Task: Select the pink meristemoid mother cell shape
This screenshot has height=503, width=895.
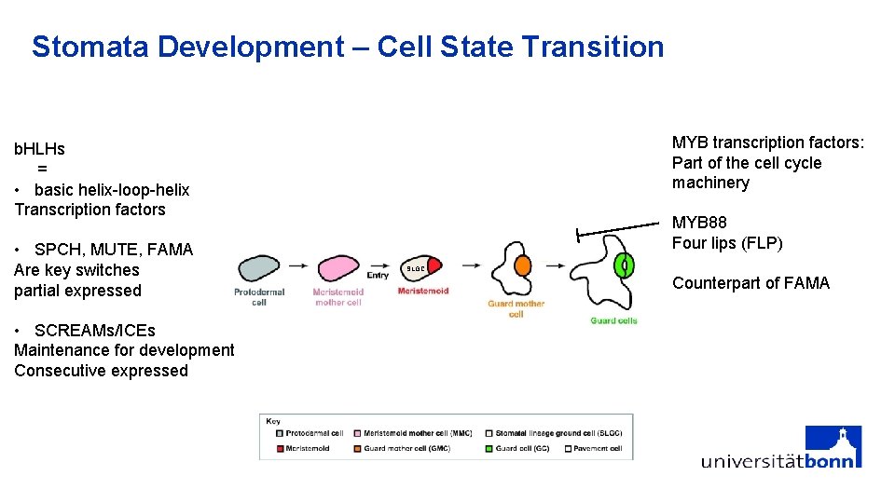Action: [x=337, y=268]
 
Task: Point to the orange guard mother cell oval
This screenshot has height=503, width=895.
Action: [x=522, y=265]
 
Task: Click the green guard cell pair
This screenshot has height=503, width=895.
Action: [x=626, y=265]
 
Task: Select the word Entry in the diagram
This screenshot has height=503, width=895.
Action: [x=378, y=276]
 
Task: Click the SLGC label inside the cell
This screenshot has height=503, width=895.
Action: [x=416, y=269]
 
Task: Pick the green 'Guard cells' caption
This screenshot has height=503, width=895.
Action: [x=613, y=321]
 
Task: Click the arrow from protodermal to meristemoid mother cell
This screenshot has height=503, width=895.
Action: [x=298, y=265]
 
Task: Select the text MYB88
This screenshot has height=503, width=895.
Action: [x=699, y=223]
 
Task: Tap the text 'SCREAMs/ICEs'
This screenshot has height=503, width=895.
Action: [x=94, y=331]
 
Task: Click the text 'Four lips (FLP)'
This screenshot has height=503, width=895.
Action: [x=727, y=243]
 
